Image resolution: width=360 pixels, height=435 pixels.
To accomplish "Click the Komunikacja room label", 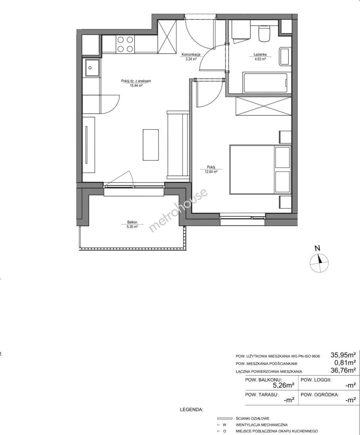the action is [x=191, y=55].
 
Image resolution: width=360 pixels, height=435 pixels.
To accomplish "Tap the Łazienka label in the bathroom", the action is [x=260, y=55].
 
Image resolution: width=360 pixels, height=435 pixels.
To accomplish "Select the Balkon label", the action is [x=132, y=222].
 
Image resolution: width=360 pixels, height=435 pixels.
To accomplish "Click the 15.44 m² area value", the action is [x=136, y=86].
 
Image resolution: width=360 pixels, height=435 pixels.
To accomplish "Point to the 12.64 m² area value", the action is [x=211, y=172].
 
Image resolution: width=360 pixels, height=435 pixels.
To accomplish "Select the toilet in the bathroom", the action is [x=264, y=33].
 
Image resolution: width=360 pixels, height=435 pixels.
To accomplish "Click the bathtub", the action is [x=265, y=83].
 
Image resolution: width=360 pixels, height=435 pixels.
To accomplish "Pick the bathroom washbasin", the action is [x=285, y=57].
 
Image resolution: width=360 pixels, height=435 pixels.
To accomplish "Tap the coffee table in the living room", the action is [x=151, y=145].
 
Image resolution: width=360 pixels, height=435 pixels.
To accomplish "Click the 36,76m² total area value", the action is [x=343, y=370].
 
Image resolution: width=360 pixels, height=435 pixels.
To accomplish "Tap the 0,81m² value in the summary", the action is [x=345, y=362].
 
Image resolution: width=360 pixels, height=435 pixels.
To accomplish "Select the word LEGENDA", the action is [x=191, y=409].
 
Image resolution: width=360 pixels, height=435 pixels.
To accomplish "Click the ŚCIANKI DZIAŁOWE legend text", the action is [x=253, y=418].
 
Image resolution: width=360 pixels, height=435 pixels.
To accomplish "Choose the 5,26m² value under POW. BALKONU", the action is [x=284, y=385].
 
